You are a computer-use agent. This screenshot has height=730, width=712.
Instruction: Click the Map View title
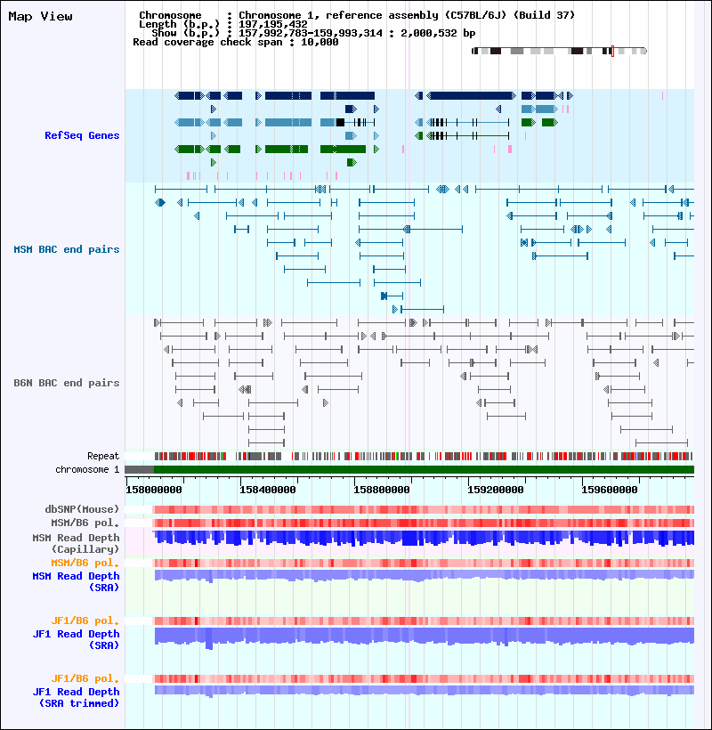tap(40, 16)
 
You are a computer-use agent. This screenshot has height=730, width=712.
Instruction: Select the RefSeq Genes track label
tap(82, 135)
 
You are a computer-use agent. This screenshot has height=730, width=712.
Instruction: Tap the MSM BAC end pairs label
tap(67, 249)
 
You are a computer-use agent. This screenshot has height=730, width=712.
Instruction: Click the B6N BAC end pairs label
tap(67, 383)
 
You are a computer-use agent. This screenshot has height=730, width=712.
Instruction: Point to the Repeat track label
tap(103, 456)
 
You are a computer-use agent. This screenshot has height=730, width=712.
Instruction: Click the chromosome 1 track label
tap(87, 469)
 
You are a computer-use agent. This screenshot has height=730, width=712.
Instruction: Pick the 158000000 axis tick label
tap(154, 490)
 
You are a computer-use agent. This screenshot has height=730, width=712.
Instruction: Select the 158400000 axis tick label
tap(268, 490)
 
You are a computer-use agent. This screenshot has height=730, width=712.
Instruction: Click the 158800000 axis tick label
tap(382, 490)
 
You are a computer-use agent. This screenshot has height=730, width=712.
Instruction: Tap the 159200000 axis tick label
tap(496, 490)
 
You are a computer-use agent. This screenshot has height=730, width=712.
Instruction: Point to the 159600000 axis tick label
tap(610, 490)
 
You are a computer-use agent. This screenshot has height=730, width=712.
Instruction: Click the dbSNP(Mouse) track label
tap(82, 509)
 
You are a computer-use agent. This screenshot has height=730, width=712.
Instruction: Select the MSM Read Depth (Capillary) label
tap(76, 543)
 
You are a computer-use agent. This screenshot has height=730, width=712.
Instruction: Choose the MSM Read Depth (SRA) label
tap(76, 581)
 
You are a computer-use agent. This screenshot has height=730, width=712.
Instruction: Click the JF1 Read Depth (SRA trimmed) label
tap(76, 697)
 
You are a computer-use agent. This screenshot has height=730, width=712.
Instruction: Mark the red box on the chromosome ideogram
tap(613, 52)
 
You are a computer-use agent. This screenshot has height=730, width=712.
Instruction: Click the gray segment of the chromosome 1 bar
tap(140, 470)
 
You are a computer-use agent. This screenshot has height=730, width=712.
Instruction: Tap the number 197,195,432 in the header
tap(273, 24)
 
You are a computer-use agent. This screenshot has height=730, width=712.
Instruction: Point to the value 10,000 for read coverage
tap(320, 42)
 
